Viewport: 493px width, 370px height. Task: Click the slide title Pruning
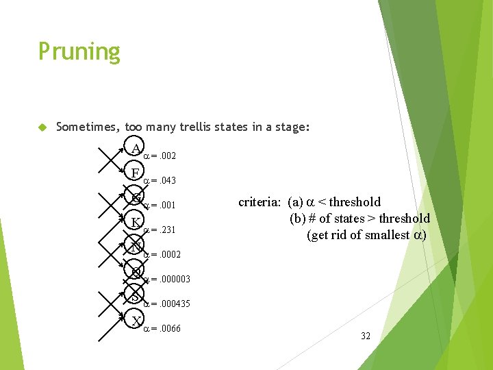pos(79,52)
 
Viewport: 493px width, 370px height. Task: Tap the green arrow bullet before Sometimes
pos(42,127)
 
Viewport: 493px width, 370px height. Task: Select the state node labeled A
pos(136,149)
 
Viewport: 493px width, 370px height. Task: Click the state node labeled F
pos(136,173)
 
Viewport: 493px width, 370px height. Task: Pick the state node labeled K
pos(136,223)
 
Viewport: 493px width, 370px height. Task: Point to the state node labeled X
pos(136,321)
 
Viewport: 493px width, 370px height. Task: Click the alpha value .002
pos(167,156)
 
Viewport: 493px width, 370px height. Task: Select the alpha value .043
pos(167,181)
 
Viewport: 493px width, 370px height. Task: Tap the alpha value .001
pos(167,206)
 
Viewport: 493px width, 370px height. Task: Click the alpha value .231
pos(167,230)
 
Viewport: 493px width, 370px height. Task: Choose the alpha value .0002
pos(169,255)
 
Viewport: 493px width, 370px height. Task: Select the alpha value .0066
pos(169,329)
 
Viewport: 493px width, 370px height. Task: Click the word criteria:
pos(261,202)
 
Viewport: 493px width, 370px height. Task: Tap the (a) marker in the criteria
pos(296,202)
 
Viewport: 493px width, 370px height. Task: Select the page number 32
pos(365,336)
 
